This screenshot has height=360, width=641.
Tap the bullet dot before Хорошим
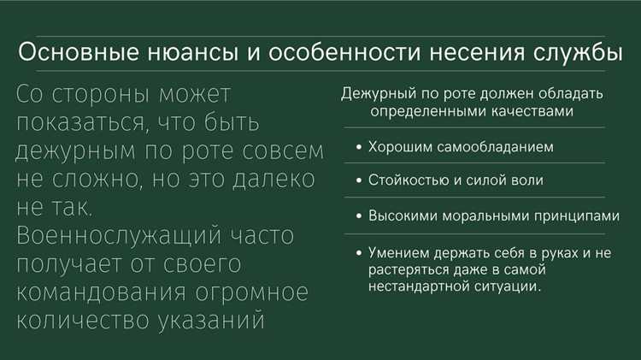pos(358,148)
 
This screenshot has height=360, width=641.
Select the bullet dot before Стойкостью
pos(358,181)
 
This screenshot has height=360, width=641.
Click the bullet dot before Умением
pos(358,253)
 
